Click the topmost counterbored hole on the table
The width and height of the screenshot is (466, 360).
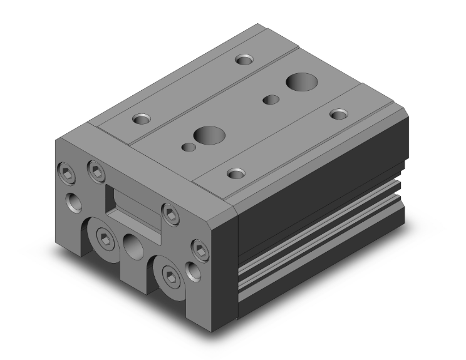244,60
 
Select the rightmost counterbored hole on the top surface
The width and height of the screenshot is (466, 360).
339,114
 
